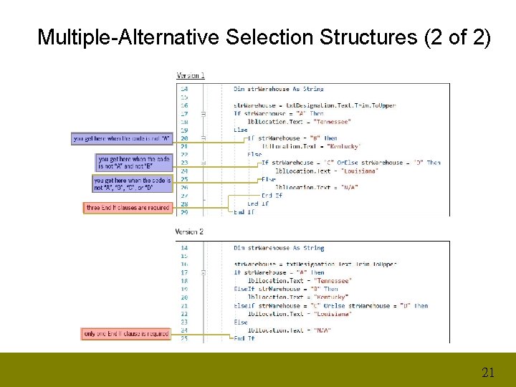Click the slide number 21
click(x=488, y=372)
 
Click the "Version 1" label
click(x=191, y=75)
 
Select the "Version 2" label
click(x=190, y=231)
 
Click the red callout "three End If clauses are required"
click(x=128, y=208)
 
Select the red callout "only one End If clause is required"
click(x=127, y=333)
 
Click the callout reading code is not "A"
click(x=121, y=138)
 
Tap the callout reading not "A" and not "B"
click(x=133, y=162)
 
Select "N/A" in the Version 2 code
click(x=322, y=330)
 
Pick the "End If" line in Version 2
click(x=244, y=338)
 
